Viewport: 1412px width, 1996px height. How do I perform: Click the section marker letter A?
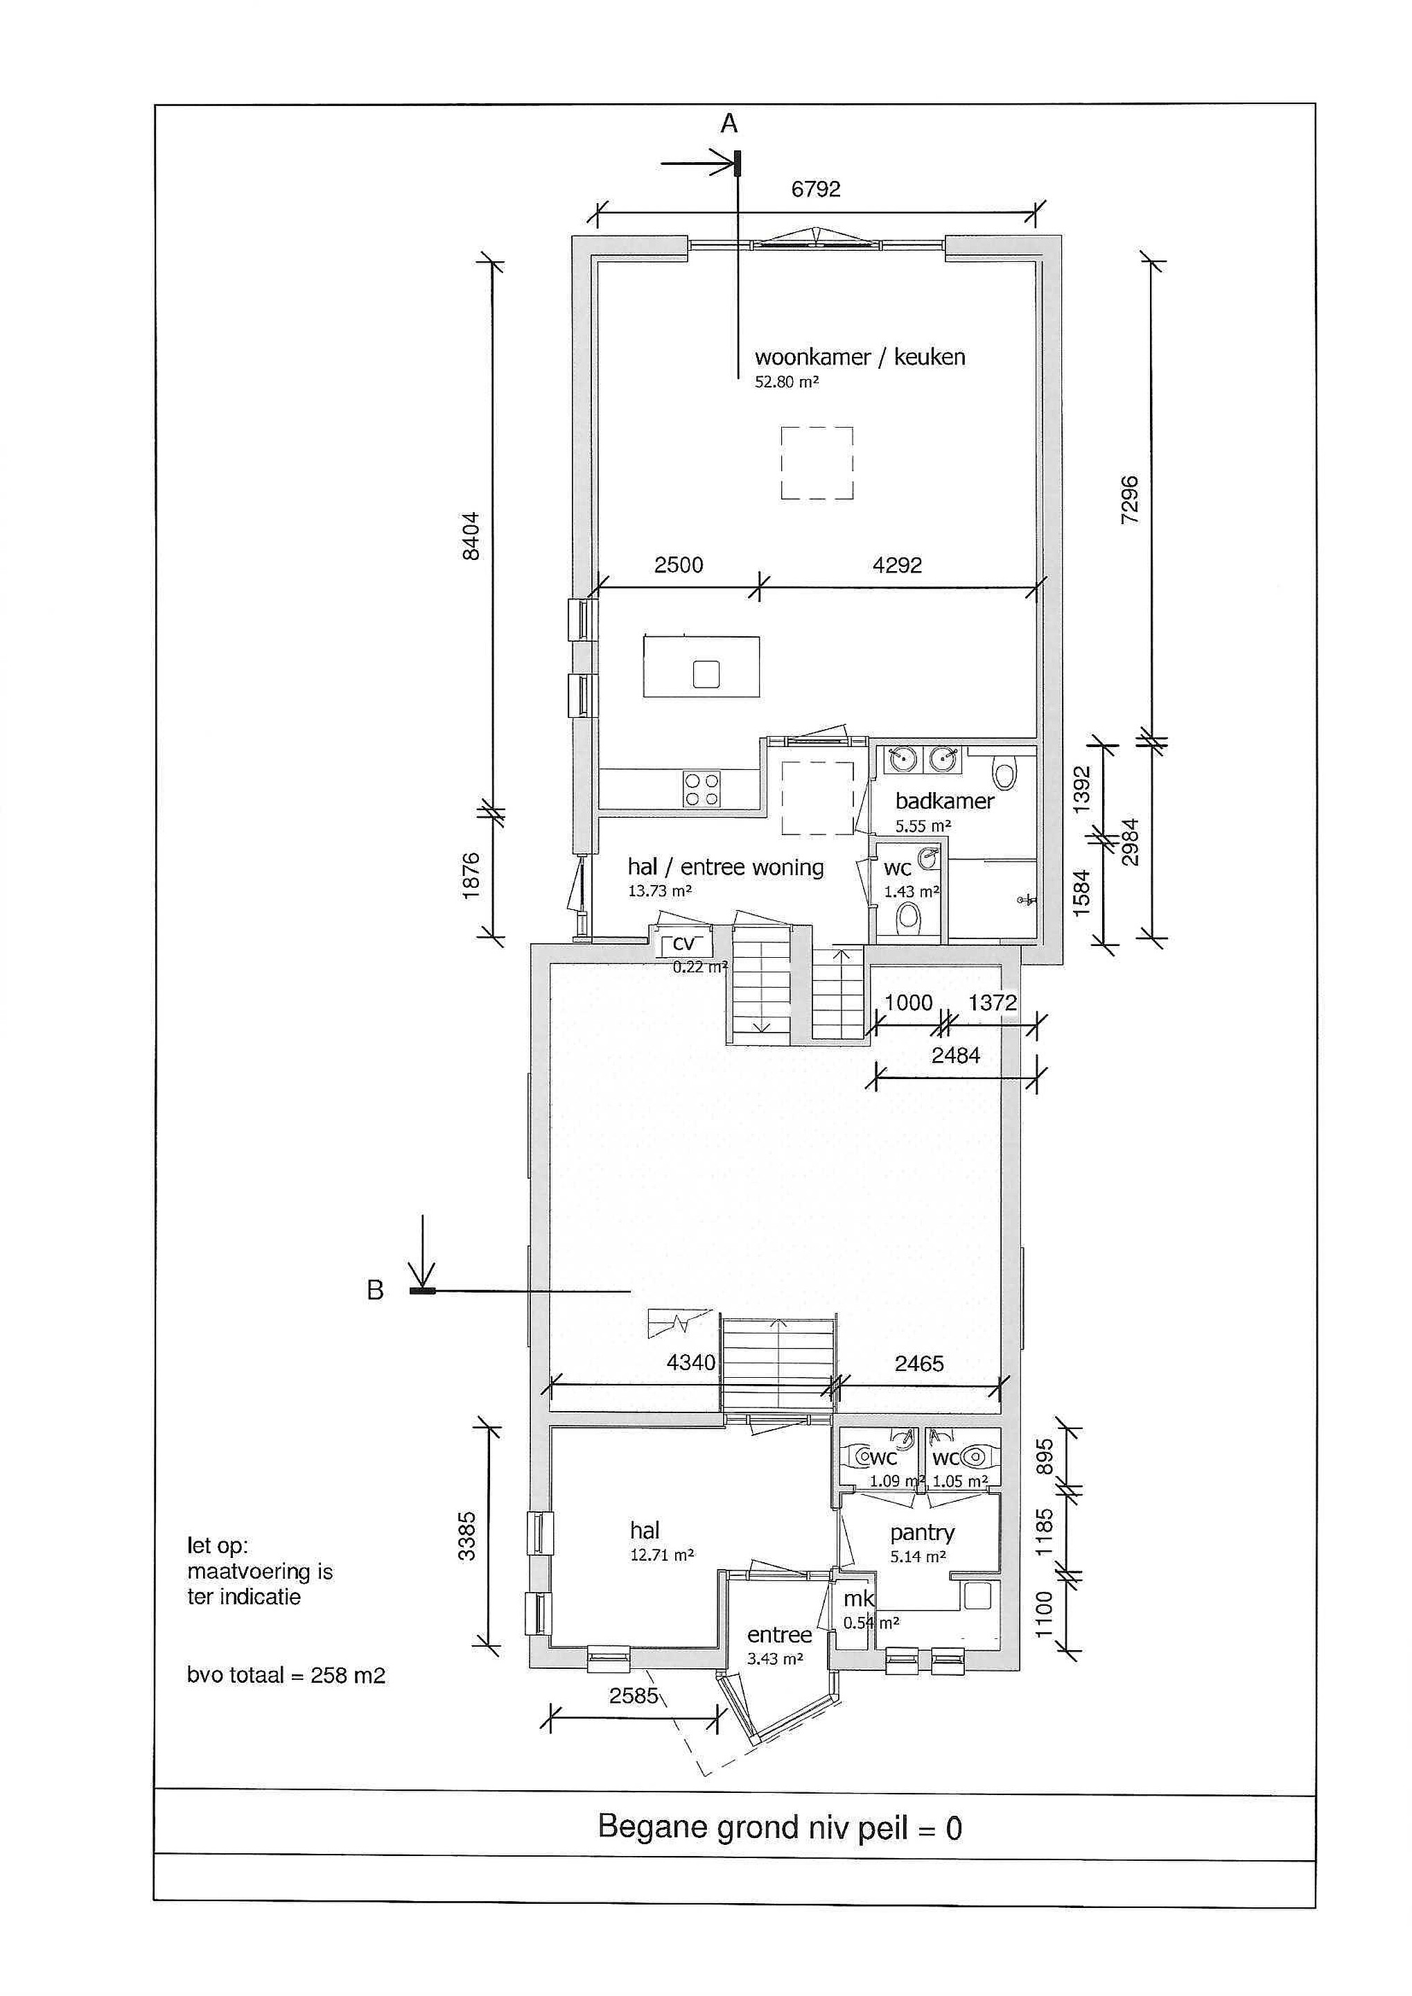[729, 124]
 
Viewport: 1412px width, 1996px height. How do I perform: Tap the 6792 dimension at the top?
[816, 189]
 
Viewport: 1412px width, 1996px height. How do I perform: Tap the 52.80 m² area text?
[787, 382]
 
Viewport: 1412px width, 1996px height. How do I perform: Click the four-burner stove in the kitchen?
[701, 789]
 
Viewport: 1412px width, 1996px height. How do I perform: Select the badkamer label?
[944, 800]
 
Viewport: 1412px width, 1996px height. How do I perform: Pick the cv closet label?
[686, 944]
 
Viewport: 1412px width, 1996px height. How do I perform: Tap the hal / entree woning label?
[725, 867]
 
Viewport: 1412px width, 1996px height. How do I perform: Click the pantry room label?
[923, 1532]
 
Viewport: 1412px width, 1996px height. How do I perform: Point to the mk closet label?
[859, 1600]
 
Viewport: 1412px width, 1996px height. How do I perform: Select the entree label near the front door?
[780, 1634]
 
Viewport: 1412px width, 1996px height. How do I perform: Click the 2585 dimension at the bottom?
[634, 1695]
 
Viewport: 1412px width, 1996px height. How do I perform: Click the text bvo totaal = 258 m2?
[286, 1675]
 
